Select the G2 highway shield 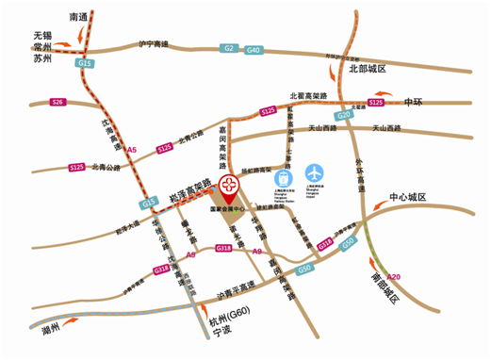pos(228,47)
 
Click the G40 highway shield pos(253,48)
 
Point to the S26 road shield pos(58,101)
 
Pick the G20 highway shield pos(345,114)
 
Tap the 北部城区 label pos(368,69)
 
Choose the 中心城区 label pos(408,198)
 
